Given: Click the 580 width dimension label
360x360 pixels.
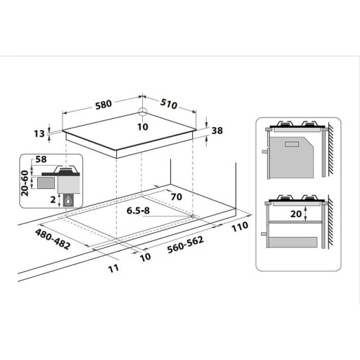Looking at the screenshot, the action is coord(104,104).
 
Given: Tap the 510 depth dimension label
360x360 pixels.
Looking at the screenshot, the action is coord(169,104).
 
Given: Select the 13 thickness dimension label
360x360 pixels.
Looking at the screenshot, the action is coord(39,133).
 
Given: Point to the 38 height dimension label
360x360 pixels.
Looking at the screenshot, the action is coord(217,131).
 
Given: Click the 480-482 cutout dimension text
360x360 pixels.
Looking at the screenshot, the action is coord(53,239).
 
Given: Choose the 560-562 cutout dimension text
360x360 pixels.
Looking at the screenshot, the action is coord(185,245).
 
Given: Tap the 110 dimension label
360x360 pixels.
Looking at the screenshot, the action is coord(240,227).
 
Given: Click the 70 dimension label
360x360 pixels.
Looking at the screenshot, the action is coord(177,196).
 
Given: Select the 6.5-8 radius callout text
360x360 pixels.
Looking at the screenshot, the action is coord(138,210).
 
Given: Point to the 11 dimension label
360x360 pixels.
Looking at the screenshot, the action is coord(113,268).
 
